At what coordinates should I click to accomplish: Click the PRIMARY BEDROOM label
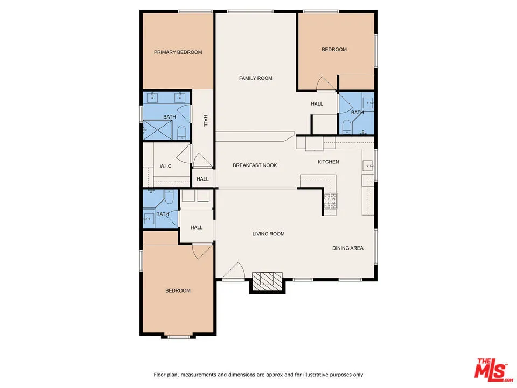(178, 52)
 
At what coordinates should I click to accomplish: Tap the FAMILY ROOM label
(255, 78)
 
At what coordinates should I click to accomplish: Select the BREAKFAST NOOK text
(255, 165)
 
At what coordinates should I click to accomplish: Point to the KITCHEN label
(328, 162)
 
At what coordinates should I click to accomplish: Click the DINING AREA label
(347, 248)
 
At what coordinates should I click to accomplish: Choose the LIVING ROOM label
(268, 234)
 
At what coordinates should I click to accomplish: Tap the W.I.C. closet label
(165, 166)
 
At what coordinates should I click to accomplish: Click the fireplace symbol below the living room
(268, 281)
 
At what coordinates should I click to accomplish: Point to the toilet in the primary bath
(181, 131)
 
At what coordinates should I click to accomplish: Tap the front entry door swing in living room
(233, 272)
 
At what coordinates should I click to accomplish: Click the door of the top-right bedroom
(326, 84)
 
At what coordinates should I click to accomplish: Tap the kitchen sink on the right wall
(368, 165)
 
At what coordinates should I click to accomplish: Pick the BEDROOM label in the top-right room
(334, 50)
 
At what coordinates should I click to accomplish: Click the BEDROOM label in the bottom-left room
(177, 290)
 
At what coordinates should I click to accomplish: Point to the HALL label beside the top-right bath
(317, 103)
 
